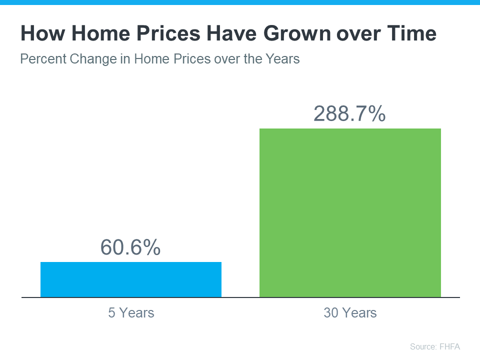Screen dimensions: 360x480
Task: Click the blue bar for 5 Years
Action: pos(131,279)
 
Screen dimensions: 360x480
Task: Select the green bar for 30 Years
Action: pos(350,213)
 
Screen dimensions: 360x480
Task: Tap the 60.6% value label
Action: pos(130,247)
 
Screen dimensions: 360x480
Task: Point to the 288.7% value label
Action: pos(349,114)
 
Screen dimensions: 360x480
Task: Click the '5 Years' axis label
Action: pos(131,313)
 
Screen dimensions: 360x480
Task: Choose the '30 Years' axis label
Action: pos(350,313)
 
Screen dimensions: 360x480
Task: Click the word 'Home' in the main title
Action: pos(96,34)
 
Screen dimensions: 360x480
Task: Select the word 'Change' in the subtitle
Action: pos(90,59)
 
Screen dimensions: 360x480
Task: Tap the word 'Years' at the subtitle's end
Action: pos(283,59)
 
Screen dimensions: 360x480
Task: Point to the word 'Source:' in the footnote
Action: pos(422,346)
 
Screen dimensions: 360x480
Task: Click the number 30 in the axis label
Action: pos(331,313)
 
